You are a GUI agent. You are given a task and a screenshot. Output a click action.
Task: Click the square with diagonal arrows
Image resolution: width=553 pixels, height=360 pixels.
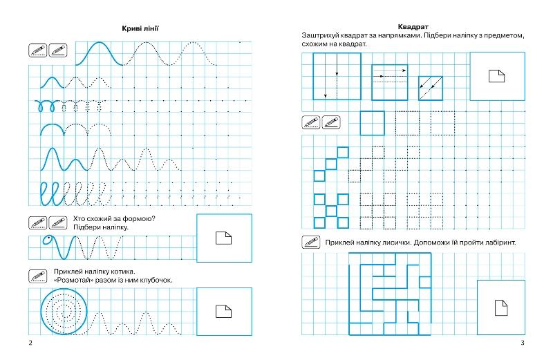point(430,87)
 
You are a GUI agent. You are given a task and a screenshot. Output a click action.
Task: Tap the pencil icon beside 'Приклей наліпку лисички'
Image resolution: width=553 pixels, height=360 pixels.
point(310,243)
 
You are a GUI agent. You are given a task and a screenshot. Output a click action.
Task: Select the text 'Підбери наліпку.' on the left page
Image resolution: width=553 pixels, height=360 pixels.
point(100,227)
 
